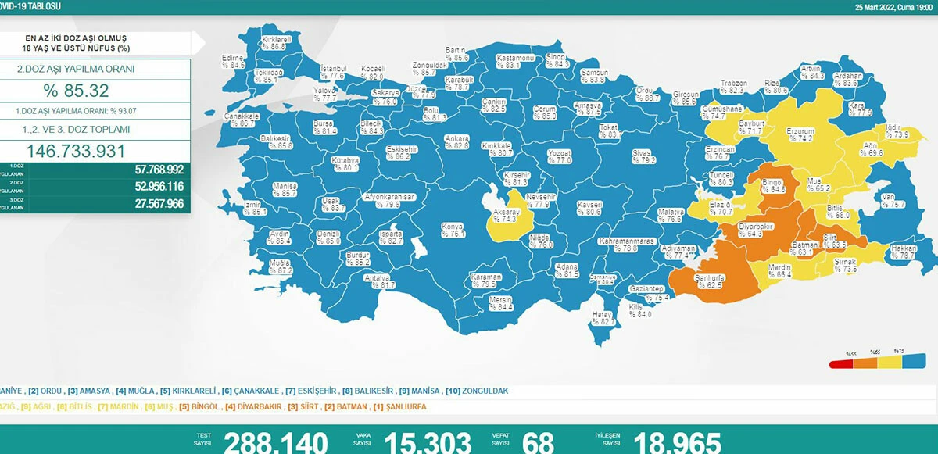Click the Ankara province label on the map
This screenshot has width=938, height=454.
(x=456, y=142)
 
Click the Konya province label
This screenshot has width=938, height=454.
(x=453, y=229)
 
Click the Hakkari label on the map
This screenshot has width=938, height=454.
(x=904, y=252)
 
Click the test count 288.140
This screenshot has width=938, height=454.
(x=275, y=443)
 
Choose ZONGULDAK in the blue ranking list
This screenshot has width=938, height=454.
(x=485, y=390)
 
